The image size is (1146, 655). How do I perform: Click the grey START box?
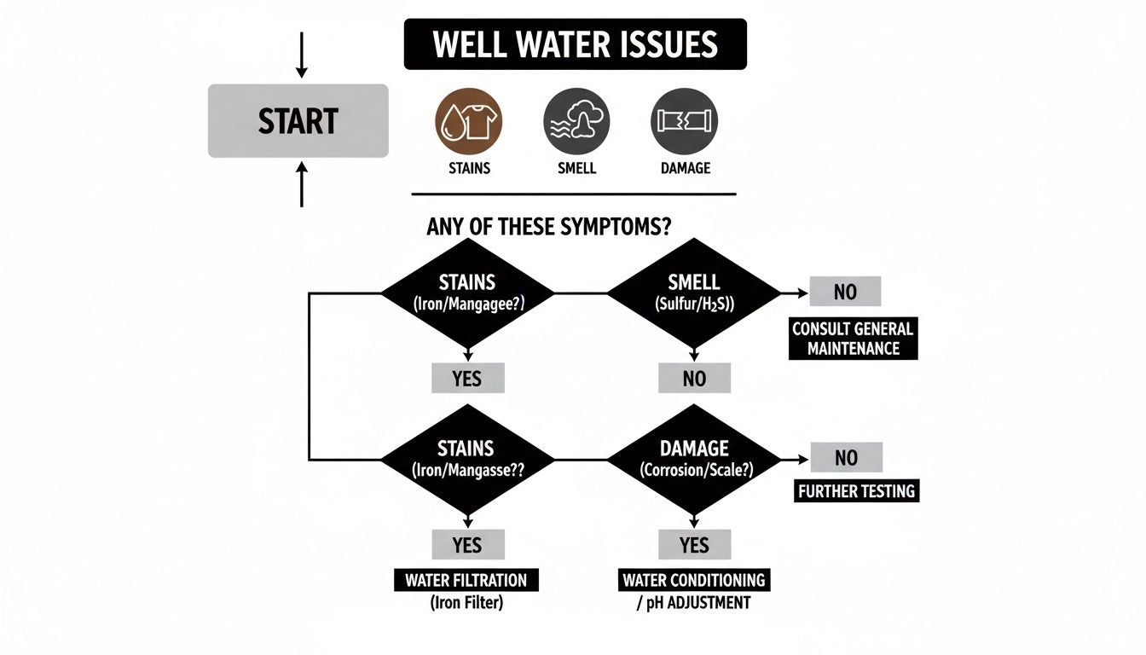click(298, 120)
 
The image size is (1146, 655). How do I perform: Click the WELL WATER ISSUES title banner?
click(575, 44)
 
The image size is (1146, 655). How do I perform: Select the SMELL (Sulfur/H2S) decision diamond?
click(694, 293)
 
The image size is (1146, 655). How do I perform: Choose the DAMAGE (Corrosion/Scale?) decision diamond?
click(694, 459)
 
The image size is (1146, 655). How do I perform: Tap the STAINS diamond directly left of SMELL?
click(467, 293)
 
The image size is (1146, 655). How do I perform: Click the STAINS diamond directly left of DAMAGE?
click(467, 459)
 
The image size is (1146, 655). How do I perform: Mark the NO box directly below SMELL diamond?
click(694, 378)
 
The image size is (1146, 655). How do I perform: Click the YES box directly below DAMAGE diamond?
click(694, 544)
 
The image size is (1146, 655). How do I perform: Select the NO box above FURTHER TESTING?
click(845, 458)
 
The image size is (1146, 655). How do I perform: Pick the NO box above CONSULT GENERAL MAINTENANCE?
click(844, 292)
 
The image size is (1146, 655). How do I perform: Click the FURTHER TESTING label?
click(856, 491)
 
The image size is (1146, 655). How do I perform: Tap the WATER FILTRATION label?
click(466, 581)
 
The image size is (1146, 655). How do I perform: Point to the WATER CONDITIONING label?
click(694, 581)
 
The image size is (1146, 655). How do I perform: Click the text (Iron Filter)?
click(466, 603)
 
